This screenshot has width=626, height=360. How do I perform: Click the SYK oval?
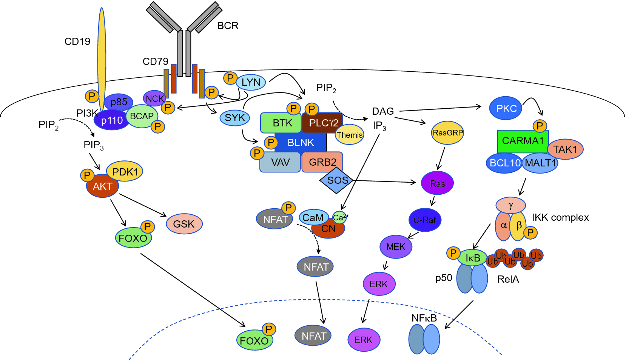click(235, 118)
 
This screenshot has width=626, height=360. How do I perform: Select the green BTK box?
click(281, 123)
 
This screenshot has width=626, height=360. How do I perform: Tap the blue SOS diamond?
click(336, 180)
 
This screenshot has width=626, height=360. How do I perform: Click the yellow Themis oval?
click(349, 135)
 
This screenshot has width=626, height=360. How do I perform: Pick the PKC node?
click(506, 108)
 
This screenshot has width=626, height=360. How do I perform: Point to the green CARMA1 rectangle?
click(523, 141)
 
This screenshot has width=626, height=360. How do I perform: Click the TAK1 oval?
click(565, 149)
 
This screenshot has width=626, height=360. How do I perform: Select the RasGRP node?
click(447, 133)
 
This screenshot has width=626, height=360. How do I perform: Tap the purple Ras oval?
click(437, 183)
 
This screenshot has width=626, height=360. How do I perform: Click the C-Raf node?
click(425, 220)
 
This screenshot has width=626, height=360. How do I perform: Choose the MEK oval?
click(396, 247)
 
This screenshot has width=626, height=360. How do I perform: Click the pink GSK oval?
click(184, 224)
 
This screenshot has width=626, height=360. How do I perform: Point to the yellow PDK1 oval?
click(125, 171)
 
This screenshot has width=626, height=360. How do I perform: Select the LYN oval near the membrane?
click(251, 82)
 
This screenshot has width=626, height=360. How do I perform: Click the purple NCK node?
click(154, 98)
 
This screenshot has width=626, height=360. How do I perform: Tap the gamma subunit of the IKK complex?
click(510, 205)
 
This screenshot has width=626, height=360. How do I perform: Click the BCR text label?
click(228, 26)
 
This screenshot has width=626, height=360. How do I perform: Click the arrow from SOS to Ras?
click(384, 182)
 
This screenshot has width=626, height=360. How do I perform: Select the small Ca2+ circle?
click(340, 218)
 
